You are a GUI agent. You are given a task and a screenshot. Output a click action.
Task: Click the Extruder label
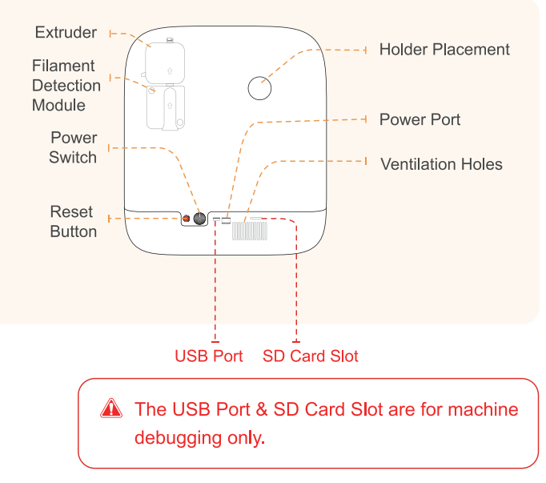66,33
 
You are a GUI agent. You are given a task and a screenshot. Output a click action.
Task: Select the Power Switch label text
73,147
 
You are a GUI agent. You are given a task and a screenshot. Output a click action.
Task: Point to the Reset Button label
73,222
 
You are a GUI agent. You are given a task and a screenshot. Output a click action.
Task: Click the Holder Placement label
444,50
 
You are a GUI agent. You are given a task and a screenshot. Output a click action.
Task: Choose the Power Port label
420,120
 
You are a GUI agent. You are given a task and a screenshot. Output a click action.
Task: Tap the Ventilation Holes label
441,165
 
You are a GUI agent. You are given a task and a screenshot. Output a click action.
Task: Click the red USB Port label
208,356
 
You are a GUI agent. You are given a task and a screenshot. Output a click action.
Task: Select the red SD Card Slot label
311,356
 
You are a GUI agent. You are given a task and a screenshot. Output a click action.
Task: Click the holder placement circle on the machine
260,88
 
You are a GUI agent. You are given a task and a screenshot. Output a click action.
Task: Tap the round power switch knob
200,218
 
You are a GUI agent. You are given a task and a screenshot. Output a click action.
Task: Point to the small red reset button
187,219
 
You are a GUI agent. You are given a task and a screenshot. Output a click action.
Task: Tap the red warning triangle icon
112,409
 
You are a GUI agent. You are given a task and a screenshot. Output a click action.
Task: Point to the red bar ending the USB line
215,342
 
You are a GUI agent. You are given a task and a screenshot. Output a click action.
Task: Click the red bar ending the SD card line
296,342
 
